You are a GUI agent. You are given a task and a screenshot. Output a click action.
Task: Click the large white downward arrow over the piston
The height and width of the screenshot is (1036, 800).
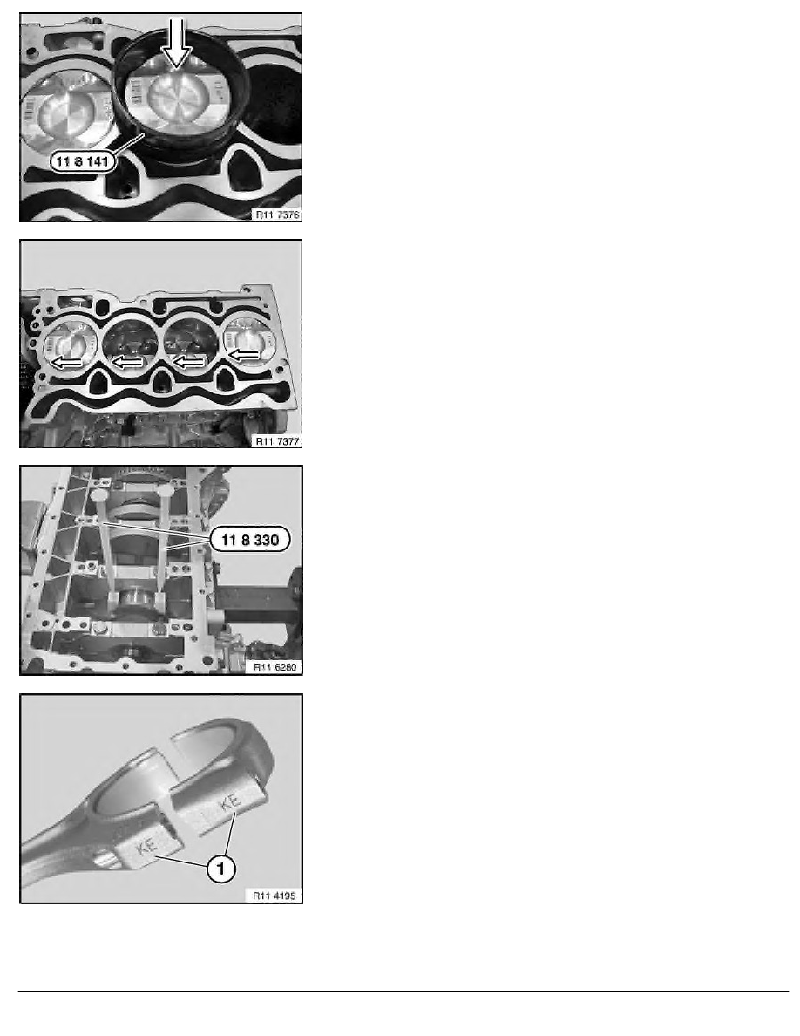[x=179, y=44]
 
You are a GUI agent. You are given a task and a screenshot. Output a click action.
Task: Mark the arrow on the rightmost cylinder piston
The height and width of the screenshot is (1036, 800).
[x=246, y=355]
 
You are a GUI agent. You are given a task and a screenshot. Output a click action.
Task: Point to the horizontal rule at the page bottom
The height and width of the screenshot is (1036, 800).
[x=400, y=991]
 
